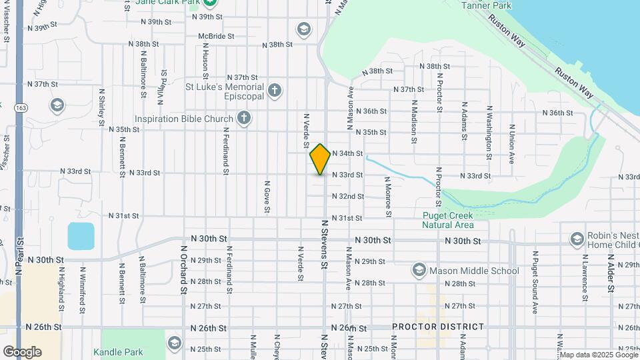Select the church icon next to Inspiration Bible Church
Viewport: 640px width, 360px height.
(x=244, y=119)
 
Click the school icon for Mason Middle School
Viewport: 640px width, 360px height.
(x=419, y=270)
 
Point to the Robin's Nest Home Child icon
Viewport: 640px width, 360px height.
(x=577, y=239)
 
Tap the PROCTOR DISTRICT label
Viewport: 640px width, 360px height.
(x=438, y=327)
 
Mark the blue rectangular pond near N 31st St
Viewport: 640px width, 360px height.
(x=81, y=236)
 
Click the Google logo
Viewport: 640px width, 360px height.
(x=22, y=351)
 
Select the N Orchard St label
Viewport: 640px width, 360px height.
(x=183, y=269)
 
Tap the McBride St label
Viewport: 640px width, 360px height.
(x=216, y=36)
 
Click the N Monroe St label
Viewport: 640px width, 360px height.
(x=387, y=197)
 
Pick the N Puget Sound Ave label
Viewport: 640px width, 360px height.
(x=535, y=281)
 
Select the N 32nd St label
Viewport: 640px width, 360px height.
(x=352, y=197)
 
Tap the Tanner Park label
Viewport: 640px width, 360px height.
(x=487, y=6)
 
